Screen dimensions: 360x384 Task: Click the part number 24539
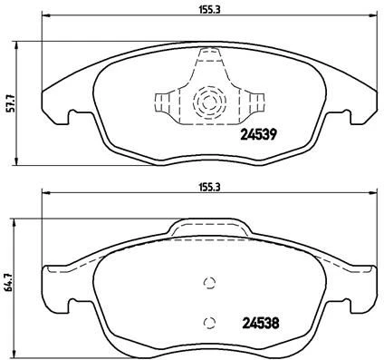pos(258,137)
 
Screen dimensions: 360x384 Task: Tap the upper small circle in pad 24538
pos(209,282)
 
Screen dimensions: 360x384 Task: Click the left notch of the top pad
pos(72,116)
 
